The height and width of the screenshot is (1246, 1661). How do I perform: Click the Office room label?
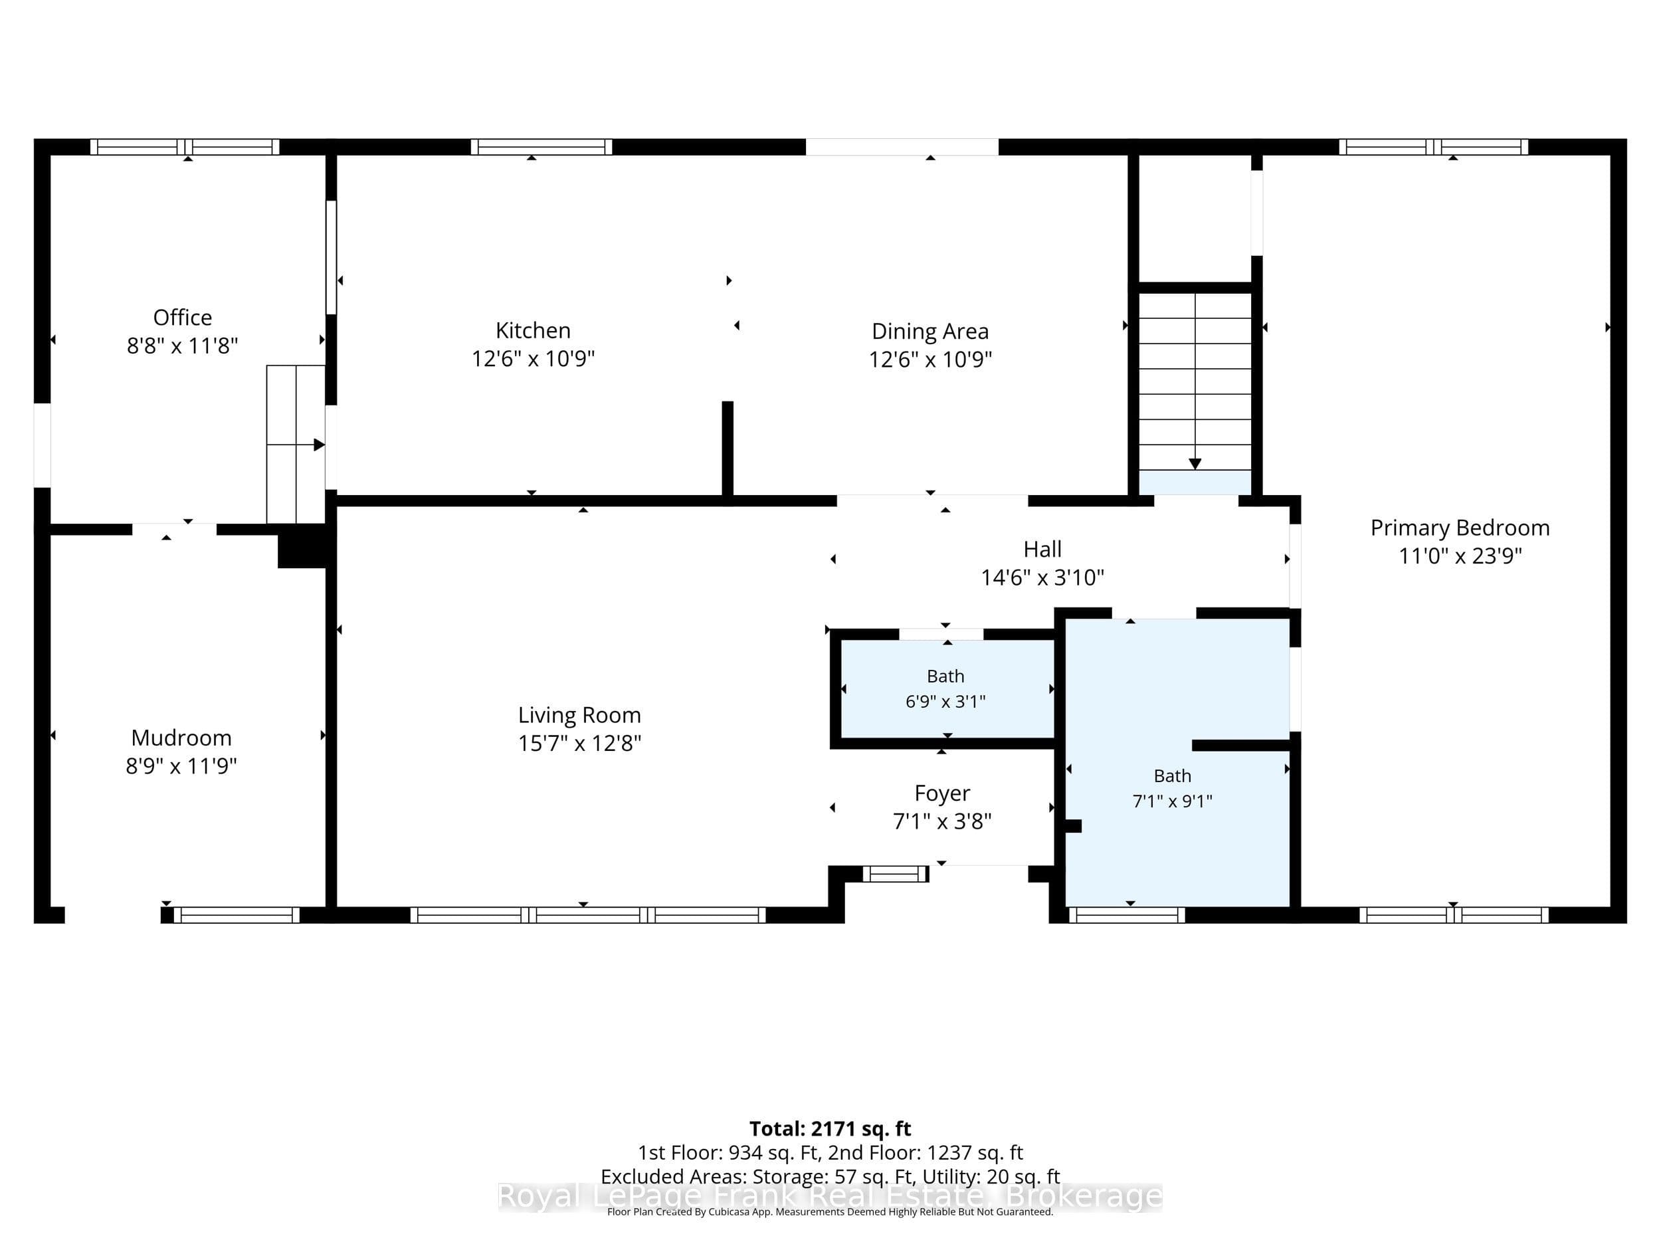coord(183,318)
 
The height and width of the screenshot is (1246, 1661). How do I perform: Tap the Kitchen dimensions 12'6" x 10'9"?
coord(533,358)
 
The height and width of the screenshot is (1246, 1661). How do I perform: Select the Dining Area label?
coord(929,331)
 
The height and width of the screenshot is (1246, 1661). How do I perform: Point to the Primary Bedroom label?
coord(1460,528)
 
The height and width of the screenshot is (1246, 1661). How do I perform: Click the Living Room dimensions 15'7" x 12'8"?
coord(580,743)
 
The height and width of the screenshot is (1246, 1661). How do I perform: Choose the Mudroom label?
coord(182,738)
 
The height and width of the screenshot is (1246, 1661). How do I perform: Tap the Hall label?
coord(1042,549)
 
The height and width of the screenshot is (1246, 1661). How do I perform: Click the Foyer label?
coord(942,793)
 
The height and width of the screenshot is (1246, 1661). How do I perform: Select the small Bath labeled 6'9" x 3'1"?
coord(945,688)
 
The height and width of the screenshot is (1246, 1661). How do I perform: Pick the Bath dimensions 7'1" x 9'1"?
coord(1172,801)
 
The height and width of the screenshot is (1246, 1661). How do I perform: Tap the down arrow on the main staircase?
coord(1195,464)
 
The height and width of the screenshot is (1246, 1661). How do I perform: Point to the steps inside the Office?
coord(296,445)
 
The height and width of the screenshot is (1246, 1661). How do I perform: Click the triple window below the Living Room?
coord(588,915)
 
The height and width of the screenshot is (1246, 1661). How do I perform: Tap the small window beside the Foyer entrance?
coord(895,873)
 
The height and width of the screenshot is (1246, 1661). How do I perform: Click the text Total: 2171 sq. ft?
coord(830,1129)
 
